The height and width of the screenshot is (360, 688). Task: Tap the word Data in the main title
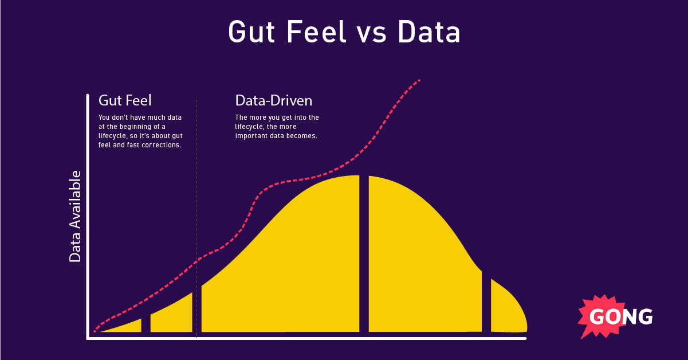coord(430,33)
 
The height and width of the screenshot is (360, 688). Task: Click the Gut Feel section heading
coord(125,100)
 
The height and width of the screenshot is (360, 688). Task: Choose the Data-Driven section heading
coord(274,100)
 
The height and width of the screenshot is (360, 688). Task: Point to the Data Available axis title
coord(75,217)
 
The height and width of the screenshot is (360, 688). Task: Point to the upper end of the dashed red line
coord(419,80)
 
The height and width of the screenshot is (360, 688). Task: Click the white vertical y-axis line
coord(88,218)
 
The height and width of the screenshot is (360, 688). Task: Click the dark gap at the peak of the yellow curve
coord(364,252)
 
